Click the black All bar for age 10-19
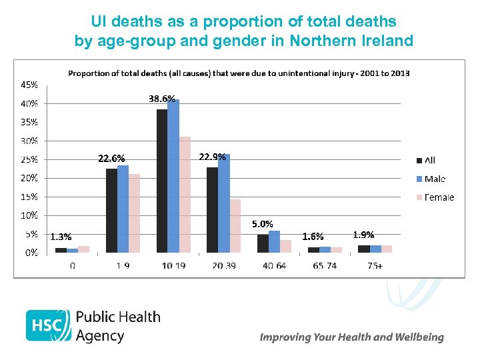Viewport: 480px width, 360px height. tap(162, 181)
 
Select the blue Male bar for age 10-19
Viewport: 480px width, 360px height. tap(173, 176)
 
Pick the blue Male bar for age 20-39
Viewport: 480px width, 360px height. tap(224, 203)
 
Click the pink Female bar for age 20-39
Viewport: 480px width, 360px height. tap(235, 226)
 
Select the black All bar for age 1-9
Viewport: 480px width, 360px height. tap(111, 211)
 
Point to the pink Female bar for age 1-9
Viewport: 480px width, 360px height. tap(134, 213)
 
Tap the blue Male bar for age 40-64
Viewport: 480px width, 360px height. tap(274, 241)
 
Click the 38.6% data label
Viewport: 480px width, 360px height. tap(162, 99)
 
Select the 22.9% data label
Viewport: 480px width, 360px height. tap(213, 157)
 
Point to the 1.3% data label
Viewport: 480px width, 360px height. tap(61, 237)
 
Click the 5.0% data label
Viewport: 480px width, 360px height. tap(262, 224)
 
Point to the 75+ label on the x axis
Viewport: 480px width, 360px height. tap(375, 265)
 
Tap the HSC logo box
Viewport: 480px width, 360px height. tap(48, 325)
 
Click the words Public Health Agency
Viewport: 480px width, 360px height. tap(118, 325)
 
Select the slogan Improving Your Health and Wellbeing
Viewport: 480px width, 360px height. tap(351, 337)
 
